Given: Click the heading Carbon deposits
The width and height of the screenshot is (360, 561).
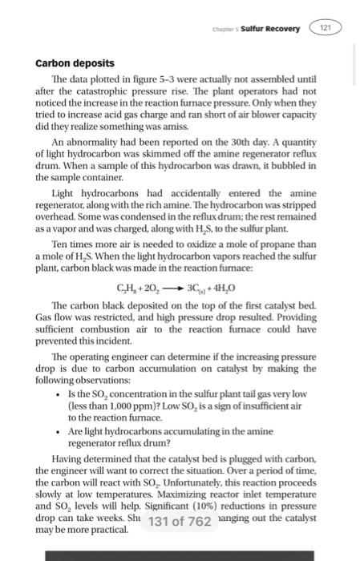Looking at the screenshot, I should [76, 62].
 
